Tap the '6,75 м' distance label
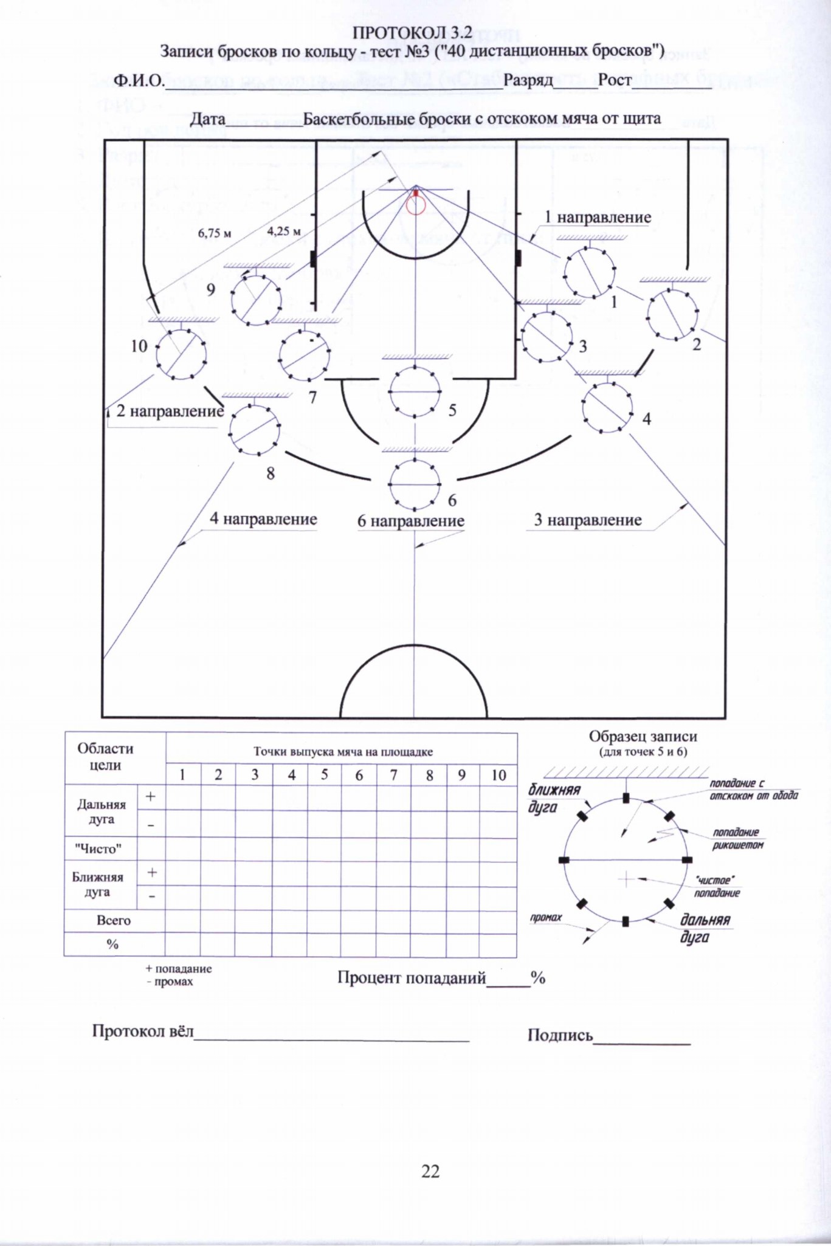215,233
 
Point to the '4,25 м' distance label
284,231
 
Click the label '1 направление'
598,217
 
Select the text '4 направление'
263,519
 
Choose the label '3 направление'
588,520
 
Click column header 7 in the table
393,775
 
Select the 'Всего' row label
114,920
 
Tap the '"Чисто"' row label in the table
98,848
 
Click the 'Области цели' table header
105,757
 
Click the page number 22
430,1171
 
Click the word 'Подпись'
560,1035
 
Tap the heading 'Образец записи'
643,736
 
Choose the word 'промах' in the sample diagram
546,917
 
